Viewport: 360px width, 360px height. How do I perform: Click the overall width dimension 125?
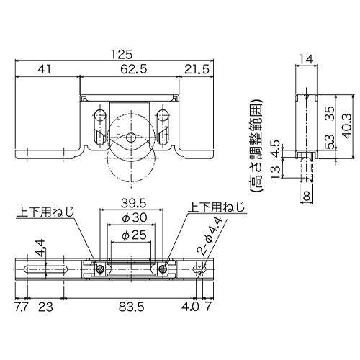point(122,55)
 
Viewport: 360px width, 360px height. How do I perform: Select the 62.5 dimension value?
point(133,70)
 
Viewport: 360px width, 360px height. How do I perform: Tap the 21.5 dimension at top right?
point(197,70)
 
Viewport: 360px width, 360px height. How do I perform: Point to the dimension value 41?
point(45,70)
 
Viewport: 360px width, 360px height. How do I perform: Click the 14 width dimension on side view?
point(306,59)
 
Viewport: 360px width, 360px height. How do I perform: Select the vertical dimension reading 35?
point(330,114)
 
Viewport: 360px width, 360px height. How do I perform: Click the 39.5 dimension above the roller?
point(133,204)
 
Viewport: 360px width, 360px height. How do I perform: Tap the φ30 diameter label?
point(134,218)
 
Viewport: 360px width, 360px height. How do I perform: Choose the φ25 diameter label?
point(134,235)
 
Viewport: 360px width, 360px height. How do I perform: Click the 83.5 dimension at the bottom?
point(132,307)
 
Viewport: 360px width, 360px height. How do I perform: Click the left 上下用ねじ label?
point(45,212)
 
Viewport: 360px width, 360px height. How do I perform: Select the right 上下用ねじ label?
point(217,207)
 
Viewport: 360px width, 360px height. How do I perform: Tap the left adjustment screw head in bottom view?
point(100,269)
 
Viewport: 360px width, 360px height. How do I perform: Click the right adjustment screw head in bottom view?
point(163,269)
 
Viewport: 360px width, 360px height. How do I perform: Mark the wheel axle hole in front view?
point(131,138)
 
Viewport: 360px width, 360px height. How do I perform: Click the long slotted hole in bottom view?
point(45,269)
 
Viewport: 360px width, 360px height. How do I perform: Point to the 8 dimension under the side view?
point(307,197)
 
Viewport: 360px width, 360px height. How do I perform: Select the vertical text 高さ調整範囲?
point(256,145)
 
